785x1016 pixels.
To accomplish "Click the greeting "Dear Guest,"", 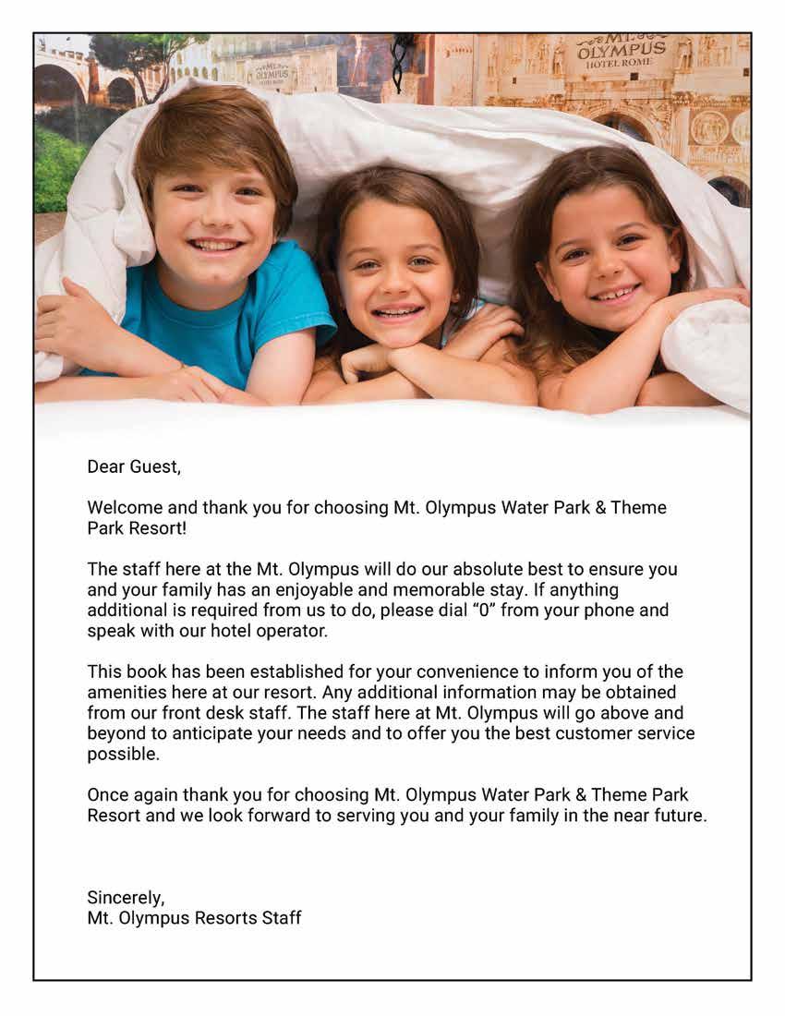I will click(x=134, y=466).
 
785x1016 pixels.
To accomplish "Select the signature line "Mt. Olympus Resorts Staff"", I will click(x=194, y=918).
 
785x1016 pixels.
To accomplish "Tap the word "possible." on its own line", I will click(x=123, y=755).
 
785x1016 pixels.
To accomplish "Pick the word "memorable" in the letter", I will click(x=454, y=590).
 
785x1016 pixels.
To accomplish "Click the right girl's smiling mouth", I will click(x=616, y=295).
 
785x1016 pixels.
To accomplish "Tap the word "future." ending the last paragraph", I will click(x=679, y=816).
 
